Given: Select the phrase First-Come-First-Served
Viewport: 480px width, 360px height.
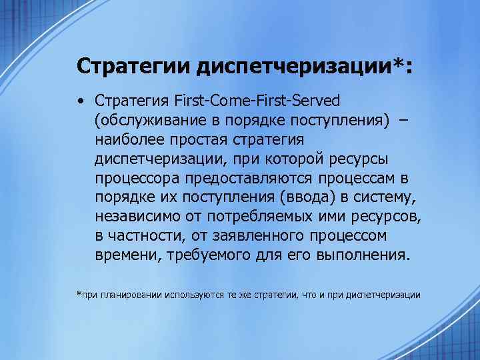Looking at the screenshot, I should pos(257,101).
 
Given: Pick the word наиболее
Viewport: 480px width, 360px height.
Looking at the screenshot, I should pos(125,139).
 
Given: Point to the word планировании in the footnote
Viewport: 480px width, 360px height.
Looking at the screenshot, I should pos(127,294).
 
